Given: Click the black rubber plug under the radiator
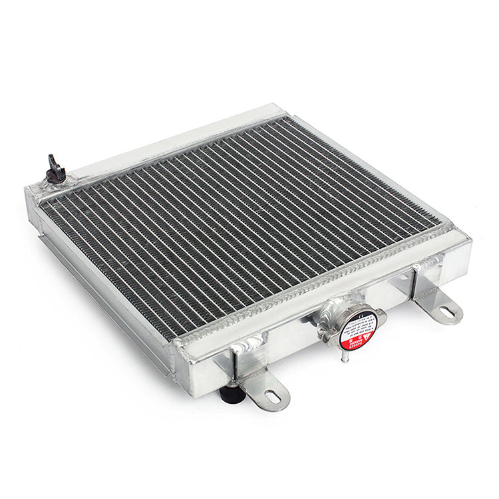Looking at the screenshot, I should point(232,394).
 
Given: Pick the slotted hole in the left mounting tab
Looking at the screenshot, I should point(272,397).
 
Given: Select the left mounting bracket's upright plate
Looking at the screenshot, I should point(248,363).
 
